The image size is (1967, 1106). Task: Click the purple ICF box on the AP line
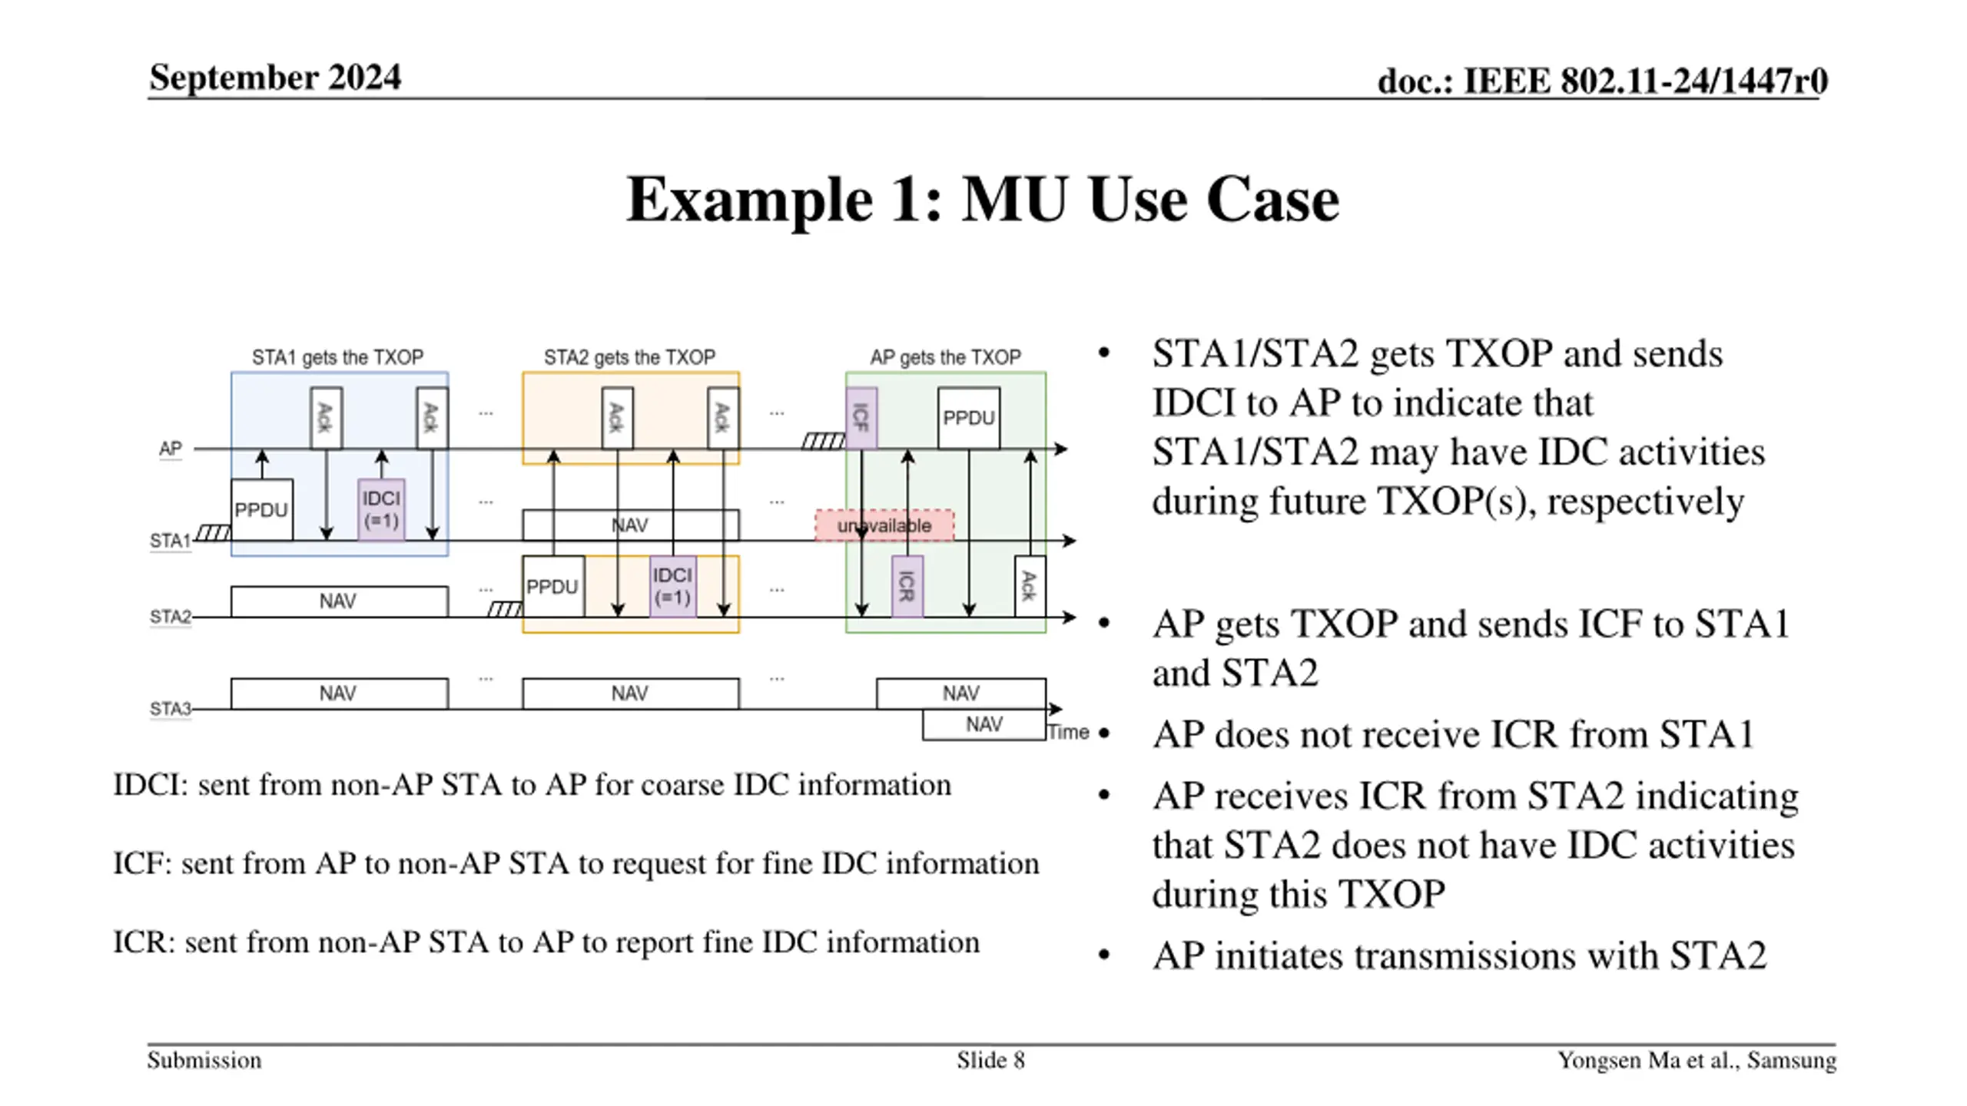tap(861, 418)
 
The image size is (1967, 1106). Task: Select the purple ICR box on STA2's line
tap(907, 587)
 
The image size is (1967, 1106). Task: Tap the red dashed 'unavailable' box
tap(884, 525)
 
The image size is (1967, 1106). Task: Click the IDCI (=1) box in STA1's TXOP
tap(381, 510)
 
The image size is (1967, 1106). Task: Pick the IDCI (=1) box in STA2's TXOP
tap(672, 587)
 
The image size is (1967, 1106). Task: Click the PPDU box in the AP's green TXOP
tap(968, 418)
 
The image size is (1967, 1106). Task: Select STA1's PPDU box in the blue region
tap(261, 510)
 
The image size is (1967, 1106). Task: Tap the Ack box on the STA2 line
tap(1030, 587)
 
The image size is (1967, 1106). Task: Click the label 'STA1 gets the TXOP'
tap(337, 357)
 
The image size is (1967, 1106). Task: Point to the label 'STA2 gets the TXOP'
tap(629, 357)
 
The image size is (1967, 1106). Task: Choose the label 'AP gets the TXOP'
tap(945, 357)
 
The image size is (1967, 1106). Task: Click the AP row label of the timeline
tap(171, 448)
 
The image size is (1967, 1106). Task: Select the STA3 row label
tap(170, 708)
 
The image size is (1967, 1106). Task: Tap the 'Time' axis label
tap(1068, 732)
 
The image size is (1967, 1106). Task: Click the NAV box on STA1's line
tap(630, 525)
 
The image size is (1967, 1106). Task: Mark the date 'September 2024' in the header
tap(275, 78)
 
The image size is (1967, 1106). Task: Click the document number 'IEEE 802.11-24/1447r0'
tap(1644, 81)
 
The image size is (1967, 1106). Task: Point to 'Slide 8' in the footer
tap(990, 1061)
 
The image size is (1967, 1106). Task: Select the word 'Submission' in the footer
tap(204, 1061)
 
